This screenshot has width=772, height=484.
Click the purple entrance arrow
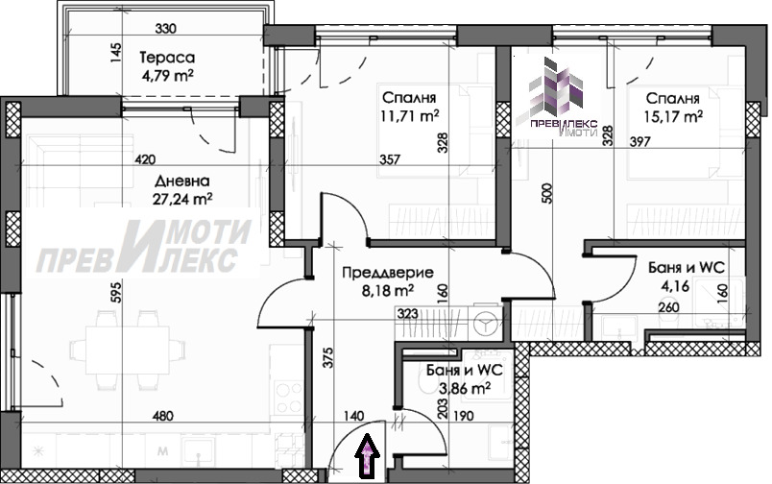pyautogui.click(x=369, y=456)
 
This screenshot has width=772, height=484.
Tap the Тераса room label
pyautogui.click(x=167, y=58)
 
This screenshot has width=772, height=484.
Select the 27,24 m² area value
pyautogui.click(x=183, y=199)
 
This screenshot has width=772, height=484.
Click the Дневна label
pyautogui.click(x=182, y=181)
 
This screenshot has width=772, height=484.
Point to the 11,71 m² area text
pyautogui.click(x=410, y=116)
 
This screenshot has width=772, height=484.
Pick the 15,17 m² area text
pyautogui.click(x=673, y=116)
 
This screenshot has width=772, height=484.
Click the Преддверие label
pyautogui.click(x=388, y=273)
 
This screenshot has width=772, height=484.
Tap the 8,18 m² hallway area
pyautogui.click(x=388, y=291)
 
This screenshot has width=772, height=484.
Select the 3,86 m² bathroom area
pyautogui.click(x=465, y=389)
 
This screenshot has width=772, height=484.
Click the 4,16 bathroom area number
pyautogui.click(x=676, y=285)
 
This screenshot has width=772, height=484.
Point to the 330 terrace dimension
pyautogui.click(x=165, y=29)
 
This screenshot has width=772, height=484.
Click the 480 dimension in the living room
pyautogui.click(x=163, y=416)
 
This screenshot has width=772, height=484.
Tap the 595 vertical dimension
pyautogui.click(x=115, y=292)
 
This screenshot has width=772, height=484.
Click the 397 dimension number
pyautogui.click(x=640, y=142)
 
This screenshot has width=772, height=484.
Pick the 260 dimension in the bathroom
pyautogui.click(x=668, y=307)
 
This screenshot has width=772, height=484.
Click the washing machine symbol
pyautogui.click(x=486, y=323)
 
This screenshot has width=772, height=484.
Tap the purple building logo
pyautogui.click(x=556, y=87)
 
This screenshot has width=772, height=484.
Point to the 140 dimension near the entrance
pyautogui.click(x=353, y=416)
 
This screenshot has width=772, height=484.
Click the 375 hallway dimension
pyautogui.click(x=328, y=358)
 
